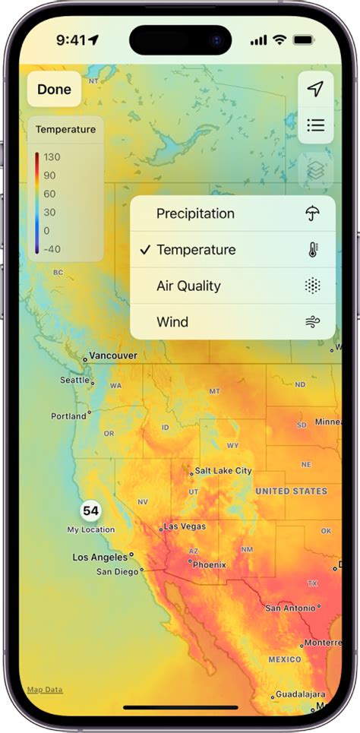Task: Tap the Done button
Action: click(54, 90)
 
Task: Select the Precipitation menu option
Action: click(195, 213)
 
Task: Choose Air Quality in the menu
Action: click(188, 286)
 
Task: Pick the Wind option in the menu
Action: click(172, 322)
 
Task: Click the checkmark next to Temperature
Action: click(145, 250)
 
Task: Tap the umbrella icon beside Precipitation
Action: click(312, 213)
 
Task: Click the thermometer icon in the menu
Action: click(312, 250)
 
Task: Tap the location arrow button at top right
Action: click(315, 90)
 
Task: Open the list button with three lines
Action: click(315, 125)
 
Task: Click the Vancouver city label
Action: click(112, 355)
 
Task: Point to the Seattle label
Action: click(74, 380)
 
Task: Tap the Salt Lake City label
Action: click(223, 471)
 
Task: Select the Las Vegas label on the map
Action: click(185, 526)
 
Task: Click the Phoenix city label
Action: click(209, 564)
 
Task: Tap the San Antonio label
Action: click(289, 608)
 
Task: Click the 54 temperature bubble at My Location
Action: click(91, 511)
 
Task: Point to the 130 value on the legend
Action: click(52, 157)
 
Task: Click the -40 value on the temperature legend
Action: click(52, 248)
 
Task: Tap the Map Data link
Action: click(45, 690)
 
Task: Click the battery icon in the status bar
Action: click(304, 39)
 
